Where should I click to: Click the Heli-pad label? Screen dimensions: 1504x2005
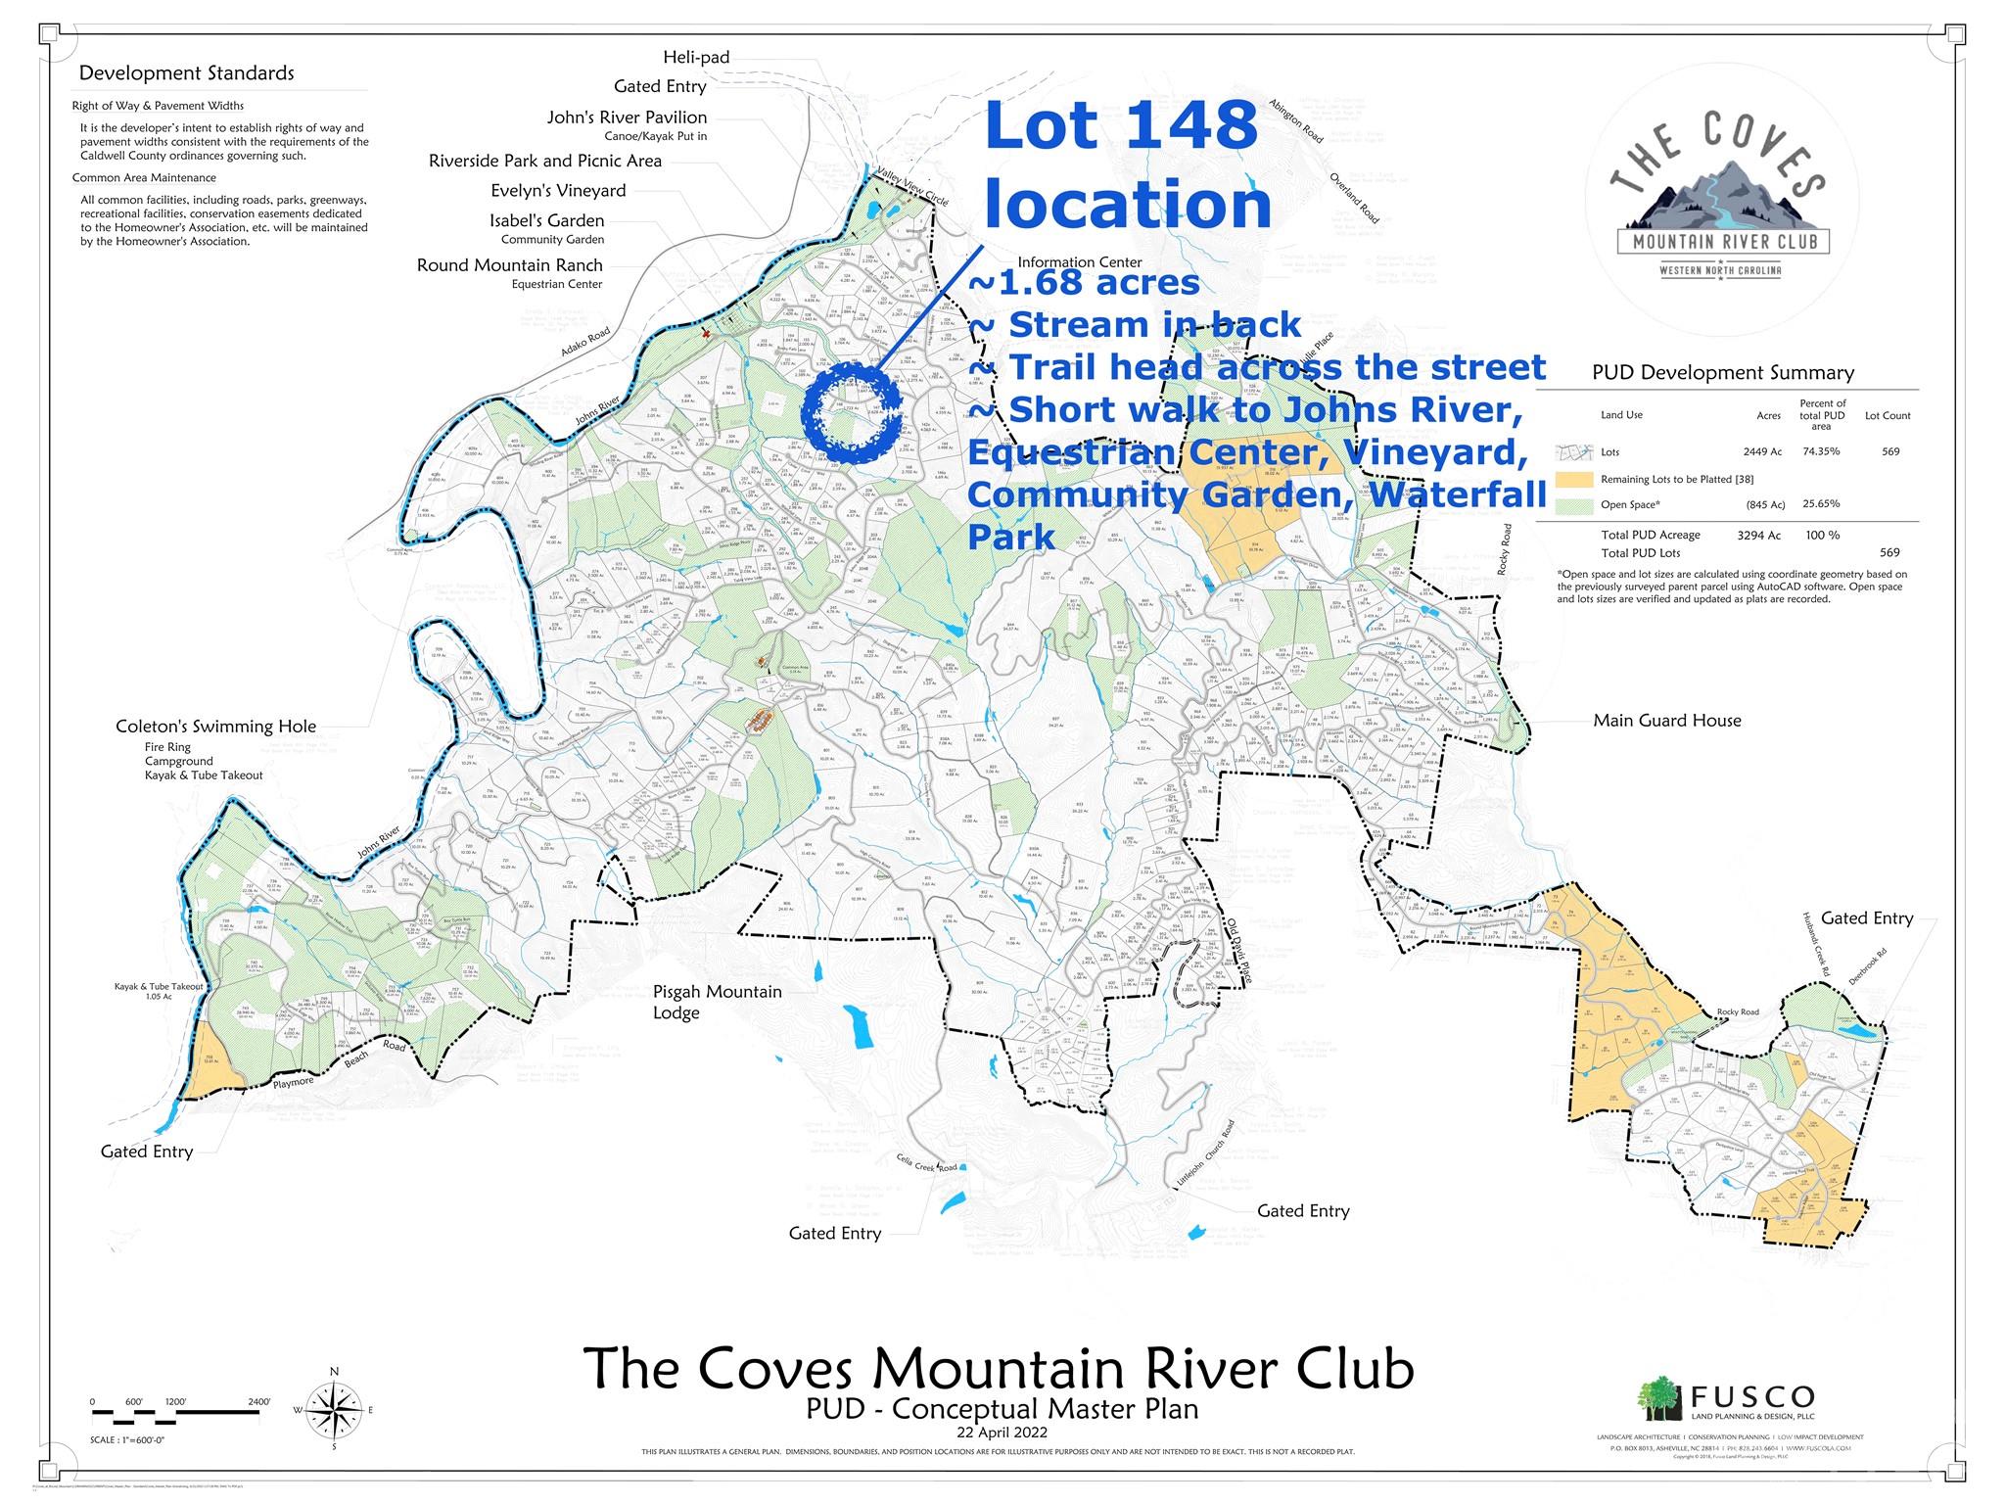[x=696, y=57]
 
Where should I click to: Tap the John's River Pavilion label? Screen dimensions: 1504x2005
[x=627, y=117]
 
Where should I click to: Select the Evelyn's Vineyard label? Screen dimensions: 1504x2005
[x=558, y=190]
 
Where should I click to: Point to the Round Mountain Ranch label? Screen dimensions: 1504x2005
[x=509, y=265]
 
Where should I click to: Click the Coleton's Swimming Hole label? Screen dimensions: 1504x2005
[x=215, y=727]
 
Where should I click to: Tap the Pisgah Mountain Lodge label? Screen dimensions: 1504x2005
[x=717, y=1002]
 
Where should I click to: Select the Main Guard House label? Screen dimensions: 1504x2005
[x=1666, y=721]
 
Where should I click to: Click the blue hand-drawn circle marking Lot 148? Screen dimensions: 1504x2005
[x=851, y=413]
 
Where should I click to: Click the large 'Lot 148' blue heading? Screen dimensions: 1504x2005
[x=1121, y=125]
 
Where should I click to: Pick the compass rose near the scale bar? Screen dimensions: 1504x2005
[x=334, y=1410]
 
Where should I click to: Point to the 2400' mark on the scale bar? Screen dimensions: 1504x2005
[x=258, y=1402]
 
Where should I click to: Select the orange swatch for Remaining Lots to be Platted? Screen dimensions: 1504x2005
[x=1573, y=479]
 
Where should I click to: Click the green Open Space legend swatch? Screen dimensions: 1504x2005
[x=1573, y=505]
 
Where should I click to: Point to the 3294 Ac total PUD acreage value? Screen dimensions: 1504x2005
[x=1758, y=535]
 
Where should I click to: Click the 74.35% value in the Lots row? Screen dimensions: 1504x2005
[x=1821, y=451]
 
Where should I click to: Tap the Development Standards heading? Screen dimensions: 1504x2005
[x=186, y=73]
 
